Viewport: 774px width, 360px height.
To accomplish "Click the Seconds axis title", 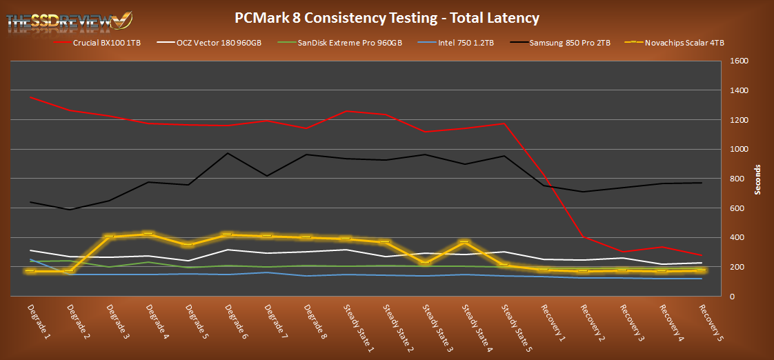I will tap(757, 179).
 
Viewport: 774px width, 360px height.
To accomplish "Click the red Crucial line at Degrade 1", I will tap(31, 97).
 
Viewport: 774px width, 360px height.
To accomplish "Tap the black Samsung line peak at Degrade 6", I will tap(228, 153).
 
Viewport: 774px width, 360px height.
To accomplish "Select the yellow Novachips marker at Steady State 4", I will tap(466, 242).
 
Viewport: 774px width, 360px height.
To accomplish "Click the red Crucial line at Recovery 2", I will tap(584, 237).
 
